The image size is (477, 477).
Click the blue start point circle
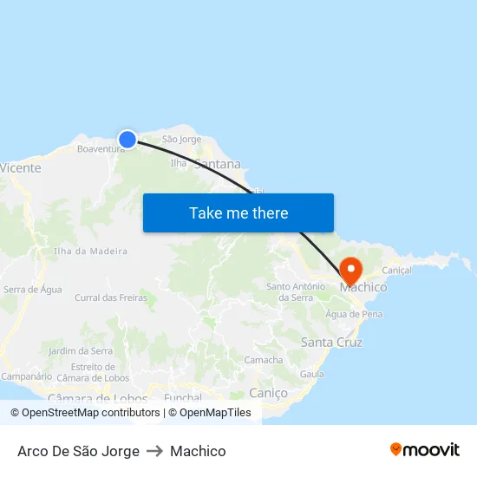127,139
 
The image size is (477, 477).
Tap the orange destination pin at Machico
351,269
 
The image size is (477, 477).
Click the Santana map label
218,164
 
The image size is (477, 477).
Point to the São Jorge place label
181,139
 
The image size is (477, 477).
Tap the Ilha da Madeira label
90,252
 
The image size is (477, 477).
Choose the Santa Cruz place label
331,343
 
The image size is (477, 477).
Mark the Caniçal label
396,271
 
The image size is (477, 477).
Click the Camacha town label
264,360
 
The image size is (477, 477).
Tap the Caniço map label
268,393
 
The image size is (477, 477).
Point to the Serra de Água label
33,290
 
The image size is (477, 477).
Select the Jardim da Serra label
81,351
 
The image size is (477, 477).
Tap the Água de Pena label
354,314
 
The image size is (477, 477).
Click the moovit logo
424,450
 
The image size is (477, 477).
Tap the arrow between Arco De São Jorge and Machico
154,451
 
